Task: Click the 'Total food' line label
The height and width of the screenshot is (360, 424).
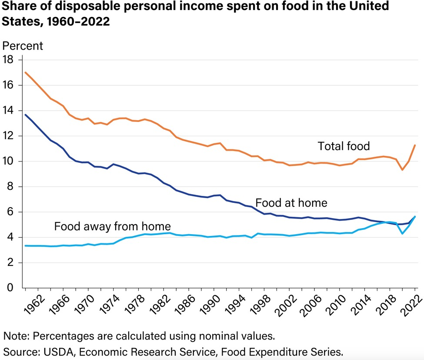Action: point(344,146)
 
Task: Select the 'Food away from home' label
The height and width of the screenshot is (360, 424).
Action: point(112,226)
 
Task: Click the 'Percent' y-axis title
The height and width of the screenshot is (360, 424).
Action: point(23,45)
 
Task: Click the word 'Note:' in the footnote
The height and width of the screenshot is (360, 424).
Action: point(17,336)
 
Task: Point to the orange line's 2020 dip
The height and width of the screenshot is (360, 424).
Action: point(403,169)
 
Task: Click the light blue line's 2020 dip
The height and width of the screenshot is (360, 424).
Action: point(403,233)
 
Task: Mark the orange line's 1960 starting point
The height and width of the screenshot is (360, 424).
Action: point(26,72)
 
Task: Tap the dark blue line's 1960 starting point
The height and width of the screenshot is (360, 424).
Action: point(26,115)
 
